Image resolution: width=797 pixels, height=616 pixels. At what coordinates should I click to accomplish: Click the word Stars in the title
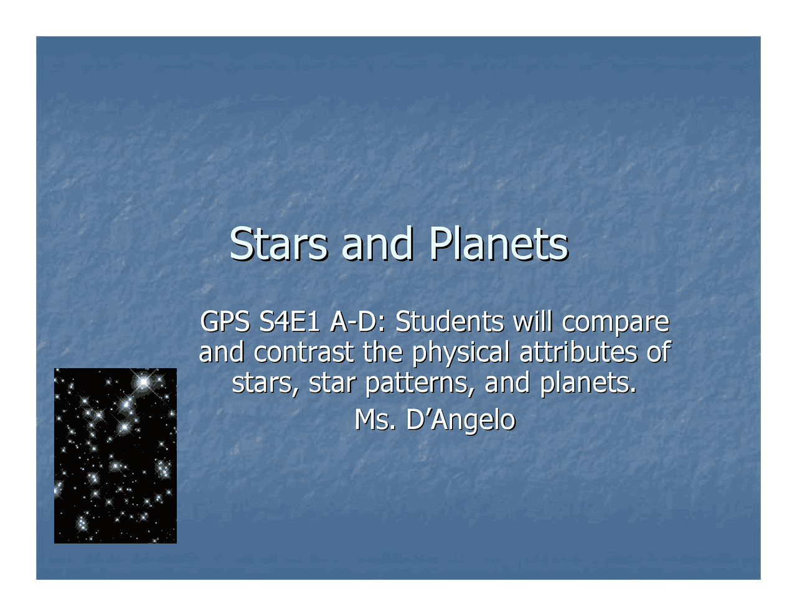(x=278, y=244)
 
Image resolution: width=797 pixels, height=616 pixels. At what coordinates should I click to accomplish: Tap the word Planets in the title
(x=498, y=244)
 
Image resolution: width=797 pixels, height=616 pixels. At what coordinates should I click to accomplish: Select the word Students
(x=450, y=322)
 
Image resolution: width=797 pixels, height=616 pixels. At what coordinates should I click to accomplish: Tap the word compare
(x=615, y=323)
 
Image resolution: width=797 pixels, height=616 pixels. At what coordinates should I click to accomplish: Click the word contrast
(x=304, y=353)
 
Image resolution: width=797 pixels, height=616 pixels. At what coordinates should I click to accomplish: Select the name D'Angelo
(x=461, y=420)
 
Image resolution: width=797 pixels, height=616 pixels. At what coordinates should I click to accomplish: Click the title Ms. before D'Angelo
(x=375, y=420)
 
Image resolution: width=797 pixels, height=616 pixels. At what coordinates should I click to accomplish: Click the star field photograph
(x=115, y=455)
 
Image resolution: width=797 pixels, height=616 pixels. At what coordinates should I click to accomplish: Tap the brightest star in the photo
(x=144, y=381)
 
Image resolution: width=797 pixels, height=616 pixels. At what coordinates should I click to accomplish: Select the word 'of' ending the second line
(x=658, y=353)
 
